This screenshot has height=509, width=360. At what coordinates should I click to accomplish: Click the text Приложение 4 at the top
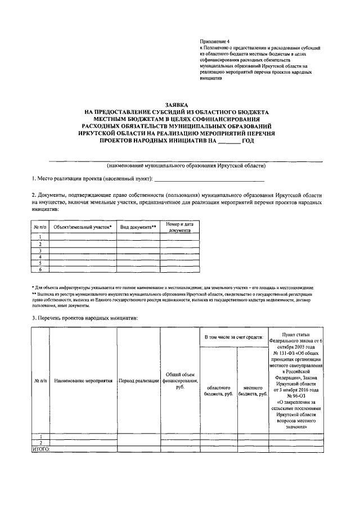coord(215,43)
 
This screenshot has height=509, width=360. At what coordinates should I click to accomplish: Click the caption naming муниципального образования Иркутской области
coord(186,166)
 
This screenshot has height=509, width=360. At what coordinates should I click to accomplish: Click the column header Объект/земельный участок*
coord(82,227)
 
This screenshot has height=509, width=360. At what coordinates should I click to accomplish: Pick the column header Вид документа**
coord(138,227)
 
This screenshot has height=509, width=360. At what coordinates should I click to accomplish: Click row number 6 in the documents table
coord(40,269)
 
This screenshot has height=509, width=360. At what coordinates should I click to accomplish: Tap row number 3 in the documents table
coord(40,250)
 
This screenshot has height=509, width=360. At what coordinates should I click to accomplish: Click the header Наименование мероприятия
coord(84,381)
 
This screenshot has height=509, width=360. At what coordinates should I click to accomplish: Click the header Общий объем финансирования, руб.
coord(180,381)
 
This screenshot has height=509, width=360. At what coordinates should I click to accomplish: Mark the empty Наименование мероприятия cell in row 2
coord(84,443)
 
